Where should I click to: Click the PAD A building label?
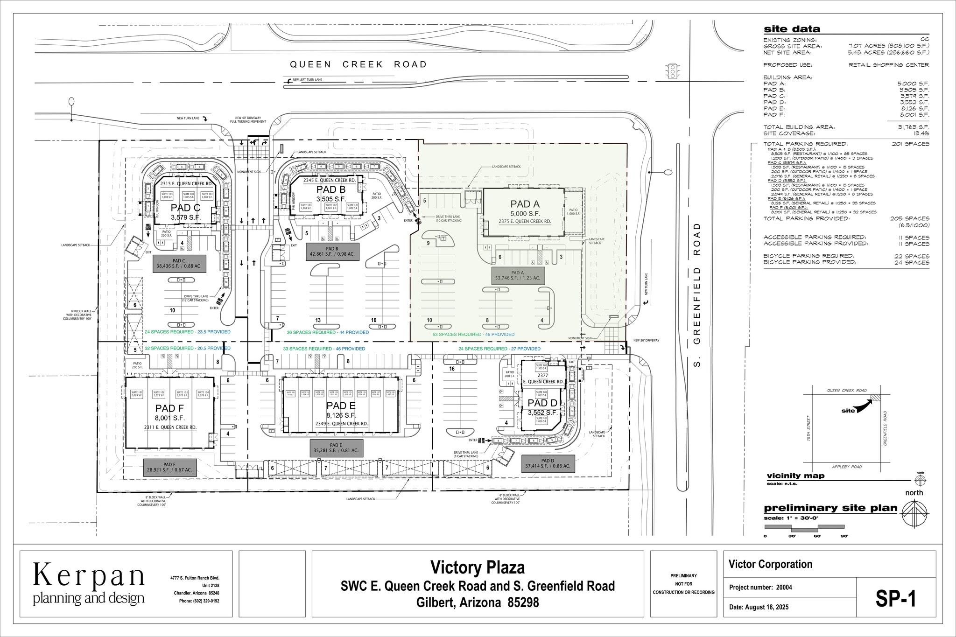click(525, 204)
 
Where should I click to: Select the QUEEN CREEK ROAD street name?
click(358, 64)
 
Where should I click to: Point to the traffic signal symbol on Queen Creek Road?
click(673, 71)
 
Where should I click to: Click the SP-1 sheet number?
click(896, 599)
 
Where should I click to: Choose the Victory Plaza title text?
click(477, 567)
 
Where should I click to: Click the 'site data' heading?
click(792, 29)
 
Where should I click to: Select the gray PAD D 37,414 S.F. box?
click(546, 463)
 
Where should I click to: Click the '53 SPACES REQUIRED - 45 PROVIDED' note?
click(473, 335)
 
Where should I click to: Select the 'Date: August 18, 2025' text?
click(759, 607)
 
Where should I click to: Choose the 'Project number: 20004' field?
click(760, 588)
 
